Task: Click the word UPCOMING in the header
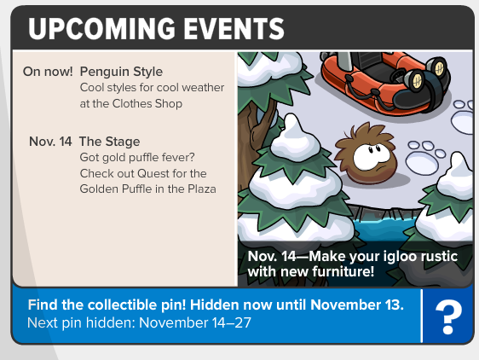(x=102, y=28)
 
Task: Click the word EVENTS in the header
(x=234, y=28)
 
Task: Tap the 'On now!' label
(x=48, y=72)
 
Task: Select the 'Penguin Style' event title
(x=121, y=73)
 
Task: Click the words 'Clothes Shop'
(x=147, y=104)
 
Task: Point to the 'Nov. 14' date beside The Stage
(x=50, y=142)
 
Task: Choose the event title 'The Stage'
(x=110, y=142)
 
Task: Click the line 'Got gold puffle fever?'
(x=137, y=158)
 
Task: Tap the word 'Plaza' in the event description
(x=202, y=189)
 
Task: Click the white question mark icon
(x=448, y=316)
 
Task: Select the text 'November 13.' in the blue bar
(x=357, y=305)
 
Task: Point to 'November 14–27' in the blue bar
(x=195, y=322)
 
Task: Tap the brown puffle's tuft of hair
(x=364, y=132)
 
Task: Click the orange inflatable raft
(x=385, y=82)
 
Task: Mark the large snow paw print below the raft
(x=425, y=157)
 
